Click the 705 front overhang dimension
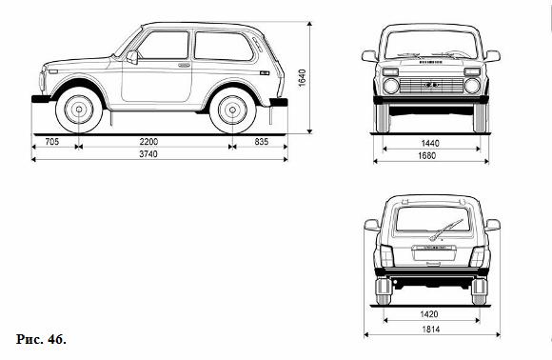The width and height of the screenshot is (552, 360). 52,142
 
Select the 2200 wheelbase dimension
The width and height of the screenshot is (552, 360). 148,142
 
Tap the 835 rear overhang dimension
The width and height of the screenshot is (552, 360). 261,142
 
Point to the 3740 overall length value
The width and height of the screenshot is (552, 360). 148,154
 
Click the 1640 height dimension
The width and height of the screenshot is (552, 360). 302,78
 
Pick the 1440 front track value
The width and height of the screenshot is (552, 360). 430,144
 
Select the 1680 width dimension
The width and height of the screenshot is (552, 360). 426,155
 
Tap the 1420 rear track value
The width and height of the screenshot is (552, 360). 429,314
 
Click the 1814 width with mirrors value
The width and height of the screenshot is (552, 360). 431,330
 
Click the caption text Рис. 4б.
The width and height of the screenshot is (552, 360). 41,339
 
